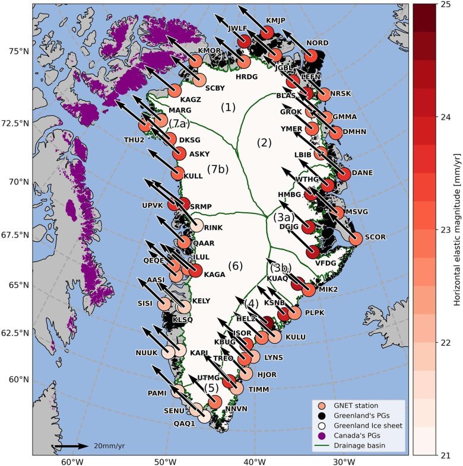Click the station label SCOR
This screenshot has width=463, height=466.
click(375, 236)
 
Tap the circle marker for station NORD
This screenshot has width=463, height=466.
click(310, 56)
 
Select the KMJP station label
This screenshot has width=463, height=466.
click(276, 20)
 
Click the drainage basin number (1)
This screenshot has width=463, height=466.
click(228, 107)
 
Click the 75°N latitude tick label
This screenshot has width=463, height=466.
click(17, 51)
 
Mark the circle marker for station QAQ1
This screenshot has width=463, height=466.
click(204, 416)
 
